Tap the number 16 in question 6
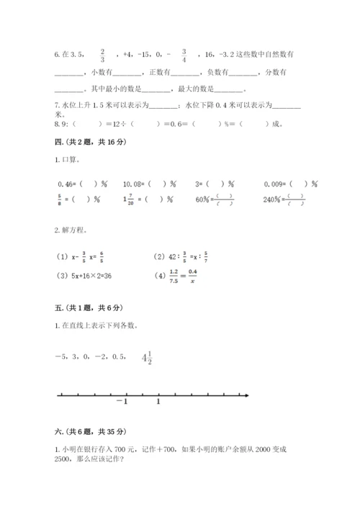[x=210, y=55]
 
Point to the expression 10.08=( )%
[x=150, y=184]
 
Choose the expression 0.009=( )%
[x=295, y=184]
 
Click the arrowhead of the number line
[x=246, y=395]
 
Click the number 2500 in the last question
[x=64, y=461]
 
